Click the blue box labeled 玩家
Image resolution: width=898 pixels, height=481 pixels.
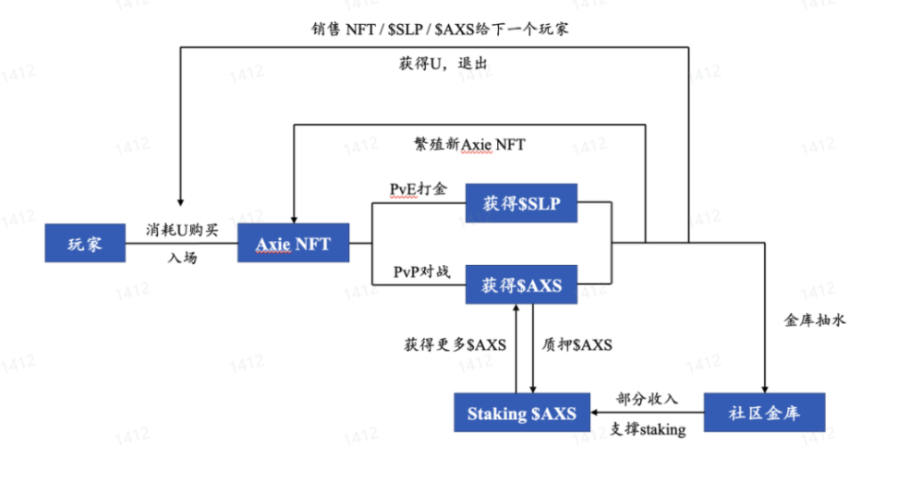pos(84,244)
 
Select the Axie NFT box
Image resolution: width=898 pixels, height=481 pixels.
pos(293,244)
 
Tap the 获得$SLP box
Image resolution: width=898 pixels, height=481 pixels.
pos(521,202)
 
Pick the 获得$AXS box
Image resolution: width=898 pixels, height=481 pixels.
pos(521,286)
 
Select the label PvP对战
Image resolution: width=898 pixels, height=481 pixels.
pos(420,272)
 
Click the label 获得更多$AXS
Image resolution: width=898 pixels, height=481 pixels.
pos(454,344)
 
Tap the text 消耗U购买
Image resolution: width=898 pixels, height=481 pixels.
pos(181,228)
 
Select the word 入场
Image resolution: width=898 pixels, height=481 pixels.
pos(182,259)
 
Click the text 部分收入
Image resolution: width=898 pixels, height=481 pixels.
pos(648,399)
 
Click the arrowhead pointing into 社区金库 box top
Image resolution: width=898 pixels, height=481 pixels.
pos(764,388)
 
